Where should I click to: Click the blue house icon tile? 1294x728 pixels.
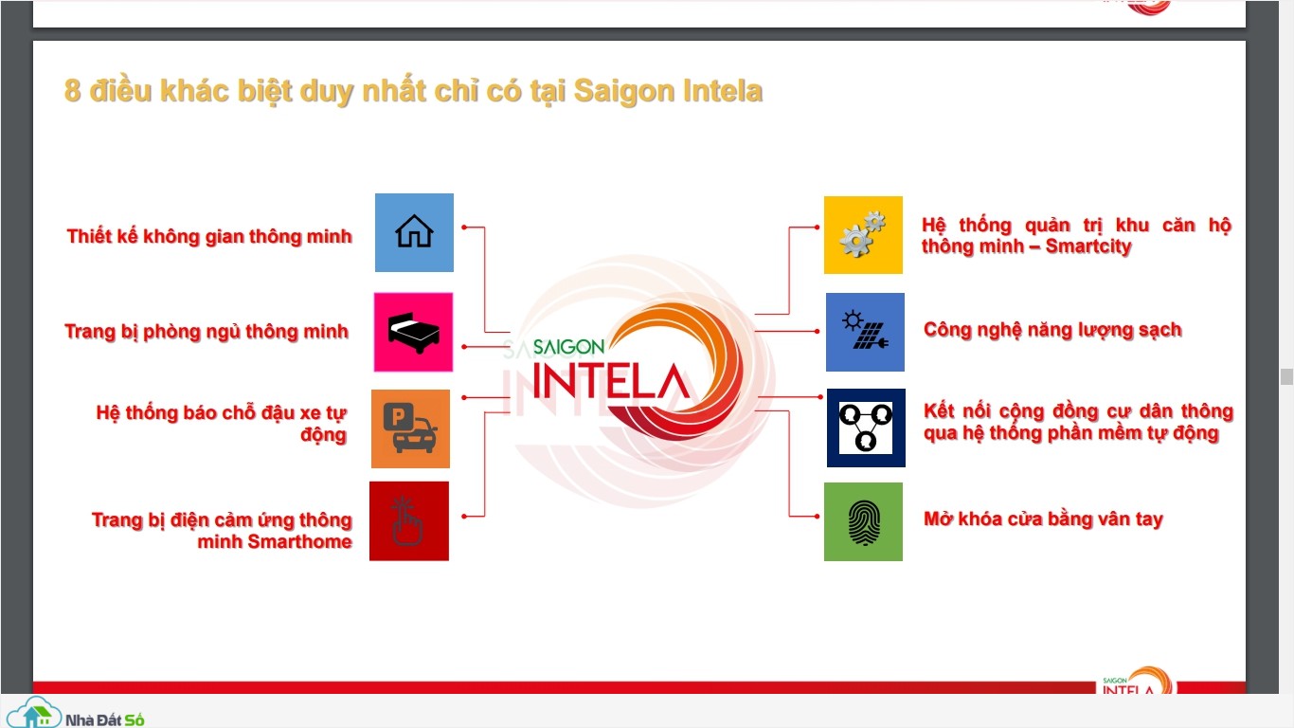(414, 232)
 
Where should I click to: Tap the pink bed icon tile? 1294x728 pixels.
(413, 332)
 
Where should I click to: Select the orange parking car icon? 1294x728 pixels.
(411, 428)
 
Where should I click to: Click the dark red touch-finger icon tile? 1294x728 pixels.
(409, 521)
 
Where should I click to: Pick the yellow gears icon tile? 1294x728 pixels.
(863, 235)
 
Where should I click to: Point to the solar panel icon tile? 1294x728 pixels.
(865, 332)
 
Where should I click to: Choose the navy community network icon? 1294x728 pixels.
(866, 428)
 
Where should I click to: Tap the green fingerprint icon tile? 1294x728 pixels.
(863, 521)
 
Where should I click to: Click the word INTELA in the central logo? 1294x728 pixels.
(611, 382)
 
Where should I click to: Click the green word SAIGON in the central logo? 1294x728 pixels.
(568, 347)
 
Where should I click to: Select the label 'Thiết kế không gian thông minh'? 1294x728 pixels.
(209, 236)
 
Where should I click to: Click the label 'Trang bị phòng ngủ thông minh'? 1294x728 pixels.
(207, 332)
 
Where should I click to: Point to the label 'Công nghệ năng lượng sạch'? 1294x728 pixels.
(1052, 330)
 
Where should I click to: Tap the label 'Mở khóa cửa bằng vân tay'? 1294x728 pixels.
(1043, 519)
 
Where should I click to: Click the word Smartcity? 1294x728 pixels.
(1088, 246)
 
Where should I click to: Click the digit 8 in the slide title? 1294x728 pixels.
(72, 91)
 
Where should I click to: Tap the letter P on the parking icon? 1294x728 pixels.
(398, 416)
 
